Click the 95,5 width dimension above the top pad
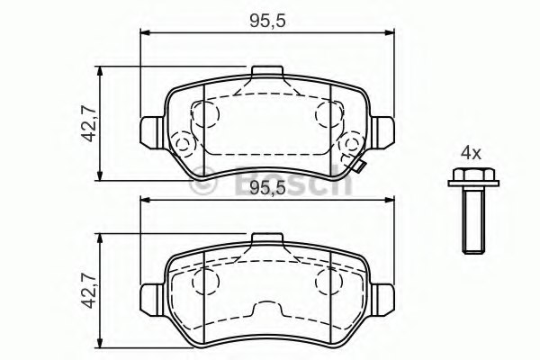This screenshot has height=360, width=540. [x=267, y=22]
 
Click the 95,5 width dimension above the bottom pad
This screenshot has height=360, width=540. [x=267, y=188]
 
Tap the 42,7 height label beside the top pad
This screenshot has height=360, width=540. [x=88, y=123]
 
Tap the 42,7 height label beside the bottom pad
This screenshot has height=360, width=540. [x=88, y=291]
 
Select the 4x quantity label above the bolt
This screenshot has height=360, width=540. [x=471, y=153]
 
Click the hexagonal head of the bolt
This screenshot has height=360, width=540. [x=473, y=175]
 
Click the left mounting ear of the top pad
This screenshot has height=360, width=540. [x=152, y=132]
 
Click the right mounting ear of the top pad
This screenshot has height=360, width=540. [x=382, y=132]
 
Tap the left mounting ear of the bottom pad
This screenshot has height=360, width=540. [x=152, y=300]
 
